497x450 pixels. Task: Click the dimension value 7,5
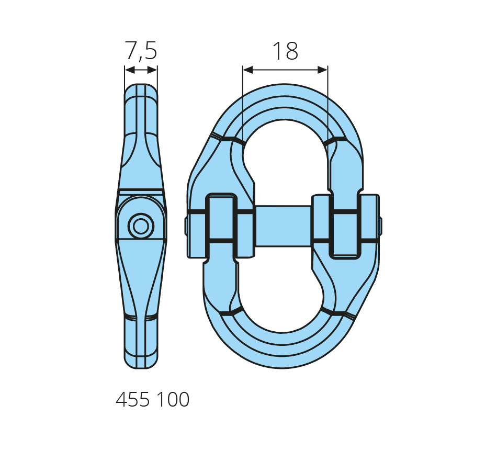pos(141,50)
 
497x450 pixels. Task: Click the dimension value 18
pos(285,51)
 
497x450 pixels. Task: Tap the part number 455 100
pos(152,400)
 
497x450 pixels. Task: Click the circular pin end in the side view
pos(141,227)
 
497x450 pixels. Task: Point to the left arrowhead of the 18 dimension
pos(247,70)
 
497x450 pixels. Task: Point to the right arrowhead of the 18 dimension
pos(323,70)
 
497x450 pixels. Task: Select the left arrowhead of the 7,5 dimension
pos(130,70)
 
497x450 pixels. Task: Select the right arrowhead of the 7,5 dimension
pos(152,70)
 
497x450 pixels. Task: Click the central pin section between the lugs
pos(284,226)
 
